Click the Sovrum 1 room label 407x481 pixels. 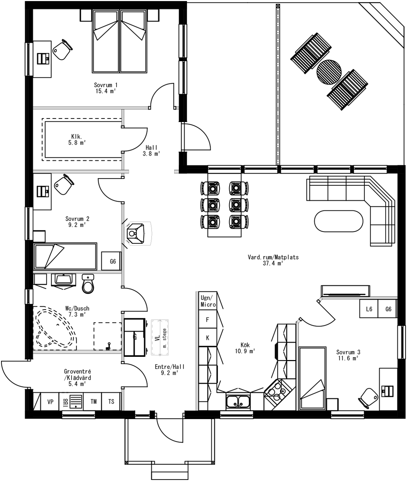pyautogui.click(x=106, y=85)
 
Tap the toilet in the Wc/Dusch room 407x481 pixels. pyautogui.click(x=88, y=283)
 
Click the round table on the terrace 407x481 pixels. pyautogui.click(x=329, y=72)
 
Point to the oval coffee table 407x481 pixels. pyautogui.click(x=338, y=221)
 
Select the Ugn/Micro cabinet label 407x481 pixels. pyautogui.click(x=208, y=301)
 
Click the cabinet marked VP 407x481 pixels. pyautogui.click(x=50, y=402)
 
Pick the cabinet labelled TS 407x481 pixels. pyautogui.click(x=111, y=402)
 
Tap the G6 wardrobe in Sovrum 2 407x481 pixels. pyautogui.click(x=112, y=261)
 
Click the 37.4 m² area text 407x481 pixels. pyautogui.click(x=273, y=263)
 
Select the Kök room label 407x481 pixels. pyautogui.click(x=245, y=345)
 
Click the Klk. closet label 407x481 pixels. pyautogui.click(x=77, y=136)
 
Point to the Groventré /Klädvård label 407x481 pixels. pyautogui.click(x=77, y=375)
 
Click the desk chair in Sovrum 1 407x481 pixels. pyautogui.click(x=63, y=49)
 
